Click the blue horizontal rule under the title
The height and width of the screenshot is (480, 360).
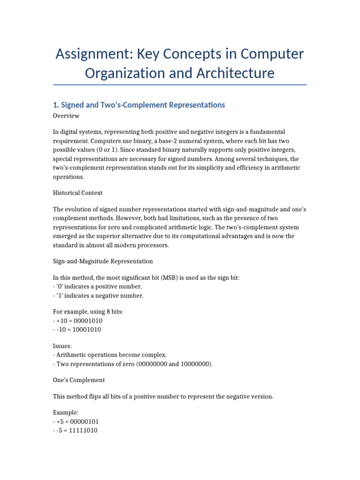[x=180, y=85]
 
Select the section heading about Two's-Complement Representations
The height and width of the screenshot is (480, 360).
[x=139, y=105]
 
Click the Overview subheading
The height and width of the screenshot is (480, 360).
[x=66, y=116]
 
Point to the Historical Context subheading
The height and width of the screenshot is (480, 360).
[x=78, y=193]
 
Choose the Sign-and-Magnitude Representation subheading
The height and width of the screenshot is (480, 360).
[x=103, y=261]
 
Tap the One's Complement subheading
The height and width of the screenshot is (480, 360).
[x=79, y=380]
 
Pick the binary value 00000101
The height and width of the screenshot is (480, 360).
[x=82, y=421]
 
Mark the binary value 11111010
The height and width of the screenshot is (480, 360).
[x=82, y=430]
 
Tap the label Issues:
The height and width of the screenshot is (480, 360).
[x=63, y=346]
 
